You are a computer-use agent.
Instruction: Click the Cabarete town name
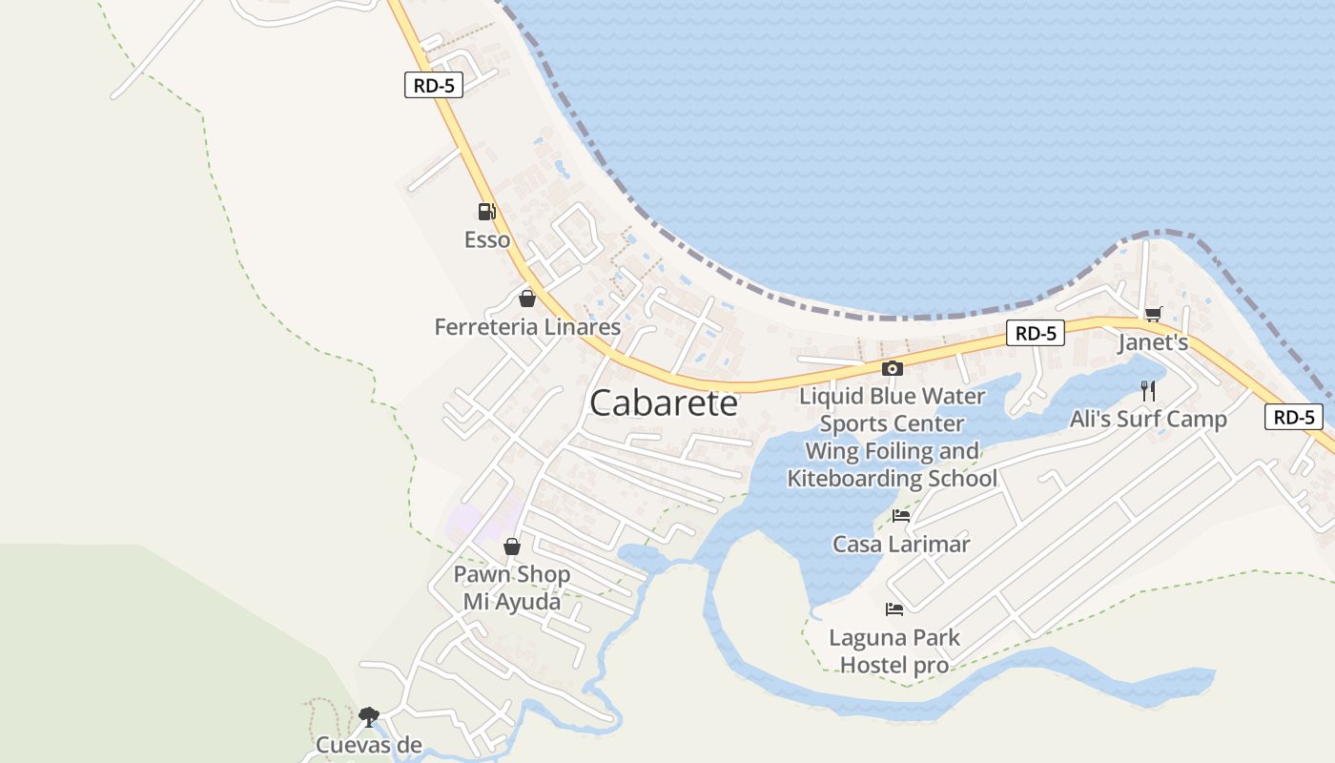[x=664, y=403]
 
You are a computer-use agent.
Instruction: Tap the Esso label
[x=487, y=240]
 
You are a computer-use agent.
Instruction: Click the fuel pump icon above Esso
[x=486, y=212]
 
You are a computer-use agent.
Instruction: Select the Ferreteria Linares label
[x=527, y=327]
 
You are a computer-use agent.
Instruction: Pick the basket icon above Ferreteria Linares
[x=526, y=299]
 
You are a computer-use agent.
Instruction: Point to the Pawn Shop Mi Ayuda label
[x=512, y=588]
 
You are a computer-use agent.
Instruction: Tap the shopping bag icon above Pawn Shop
[x=512, y=546]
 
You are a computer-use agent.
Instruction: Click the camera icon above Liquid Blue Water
[x=892, y=368]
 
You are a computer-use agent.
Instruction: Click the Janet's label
[x=1153, y=342]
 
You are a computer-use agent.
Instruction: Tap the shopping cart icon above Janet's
[x=1153, y=314]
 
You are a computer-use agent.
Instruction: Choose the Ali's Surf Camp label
[x=1148, y=419]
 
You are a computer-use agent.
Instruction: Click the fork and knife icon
[x=1148, y=391]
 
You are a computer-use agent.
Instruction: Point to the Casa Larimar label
[x=901, y=545]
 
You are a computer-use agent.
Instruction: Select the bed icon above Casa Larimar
[x=900, y=516]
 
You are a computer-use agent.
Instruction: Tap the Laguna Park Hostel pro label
[x=894, y=651]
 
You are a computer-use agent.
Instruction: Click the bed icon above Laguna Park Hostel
[x=894, y=608]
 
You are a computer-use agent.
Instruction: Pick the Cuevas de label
[x=368, y=745]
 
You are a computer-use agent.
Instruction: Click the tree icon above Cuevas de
[x=368, y=716]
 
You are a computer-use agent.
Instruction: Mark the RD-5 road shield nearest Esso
[x=434, y=85]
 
